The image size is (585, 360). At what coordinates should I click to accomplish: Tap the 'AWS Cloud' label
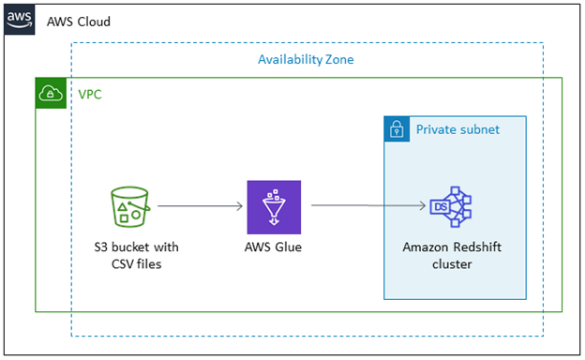pyautogui.click(x=79, y=21)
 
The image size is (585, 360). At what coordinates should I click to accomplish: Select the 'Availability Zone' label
pyautogui.click(x=306, y=60)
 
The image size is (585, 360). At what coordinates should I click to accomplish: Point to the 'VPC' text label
pyautogui.click(x=91, y=94)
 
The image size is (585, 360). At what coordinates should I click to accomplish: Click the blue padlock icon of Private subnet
pyautogui.click(x=397, y=130)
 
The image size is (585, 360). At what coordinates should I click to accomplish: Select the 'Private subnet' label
pyautogui.click(x=457, y=130)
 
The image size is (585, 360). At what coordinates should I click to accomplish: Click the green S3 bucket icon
pyautogui.click(x=129, y=206)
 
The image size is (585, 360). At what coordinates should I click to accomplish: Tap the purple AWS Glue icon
pyautogui.click(x=274, y=207)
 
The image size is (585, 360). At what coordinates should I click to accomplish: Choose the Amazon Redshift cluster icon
pyautogui.click(x=450, y=207)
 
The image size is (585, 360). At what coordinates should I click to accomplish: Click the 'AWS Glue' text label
pyautogui.click(x=274, y=247)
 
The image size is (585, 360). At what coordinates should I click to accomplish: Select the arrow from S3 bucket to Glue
pyautogui.click(x=201, y=205)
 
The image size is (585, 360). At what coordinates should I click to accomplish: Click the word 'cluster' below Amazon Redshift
pyautogui.click(x=450, y=264)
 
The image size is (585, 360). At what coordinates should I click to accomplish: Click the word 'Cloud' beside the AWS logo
pyautogui.click(x=94, y=21)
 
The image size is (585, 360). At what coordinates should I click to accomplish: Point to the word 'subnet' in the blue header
pyautogui.click(x=479, y=130)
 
